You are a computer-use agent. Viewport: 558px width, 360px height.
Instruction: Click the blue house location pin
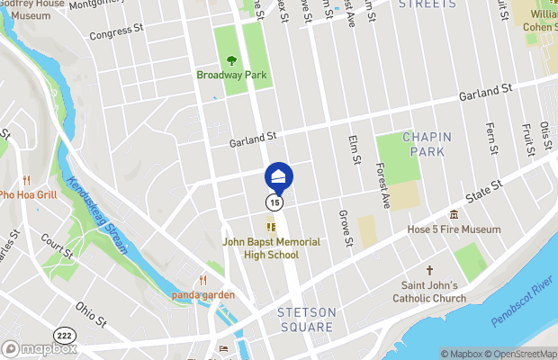(279, 175)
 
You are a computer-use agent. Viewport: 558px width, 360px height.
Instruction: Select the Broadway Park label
(232, 75)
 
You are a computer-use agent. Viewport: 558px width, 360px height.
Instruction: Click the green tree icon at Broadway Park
(232, 60)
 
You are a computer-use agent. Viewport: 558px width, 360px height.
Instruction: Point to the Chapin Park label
(427, 144)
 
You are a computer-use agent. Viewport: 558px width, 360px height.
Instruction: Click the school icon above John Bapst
(269, 227)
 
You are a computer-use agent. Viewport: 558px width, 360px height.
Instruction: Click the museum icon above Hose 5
(454, 214)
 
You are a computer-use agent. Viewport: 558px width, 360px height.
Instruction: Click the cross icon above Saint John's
(429, 271)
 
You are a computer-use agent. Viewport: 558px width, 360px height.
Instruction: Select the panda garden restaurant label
(204, 294)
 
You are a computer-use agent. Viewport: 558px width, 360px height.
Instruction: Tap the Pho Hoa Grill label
(28, 193)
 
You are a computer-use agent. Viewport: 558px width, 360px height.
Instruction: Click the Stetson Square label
(307, 319)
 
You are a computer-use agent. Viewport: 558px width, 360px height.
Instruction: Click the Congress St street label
(116, 33)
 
